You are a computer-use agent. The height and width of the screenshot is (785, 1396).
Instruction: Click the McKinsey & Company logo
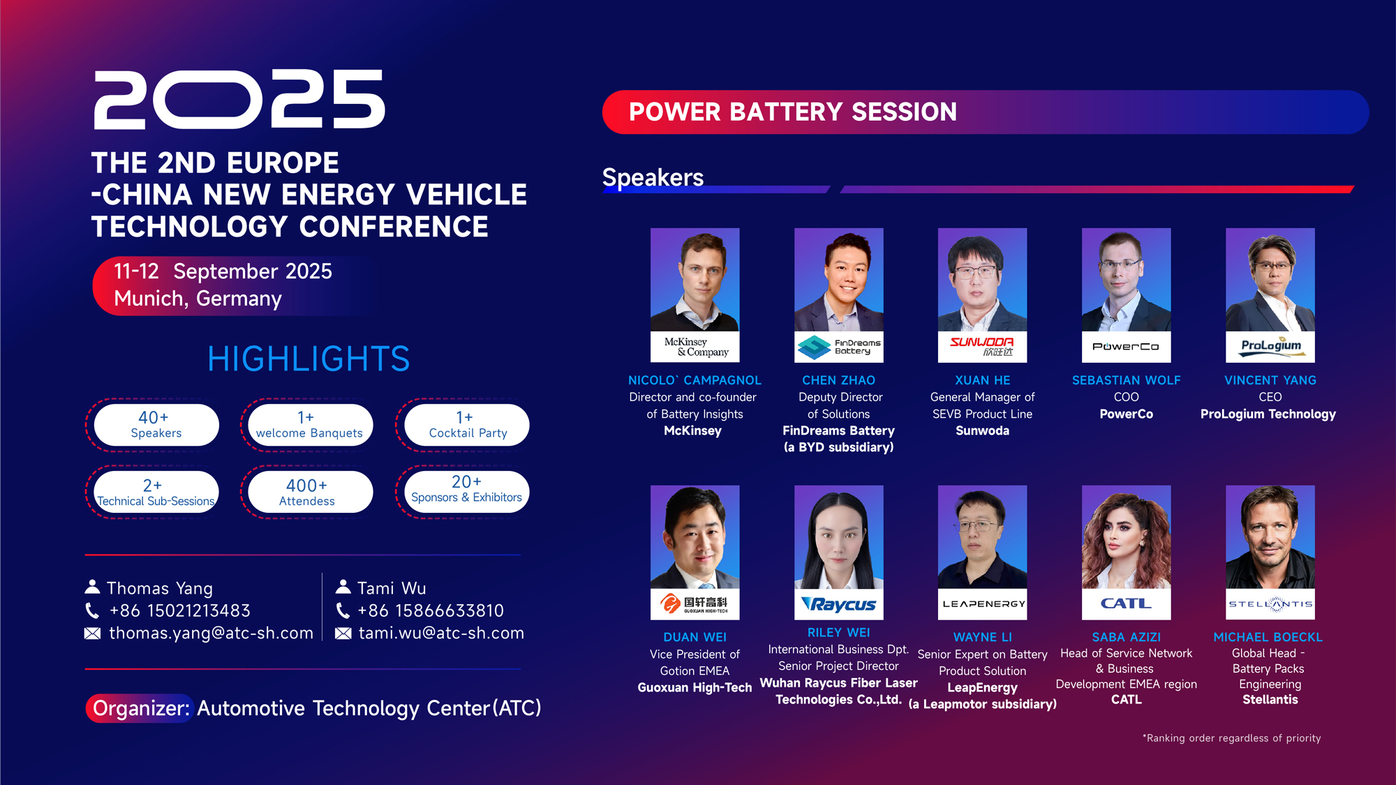(695, 347)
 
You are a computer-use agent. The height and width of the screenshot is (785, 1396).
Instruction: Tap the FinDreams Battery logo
(839, 347)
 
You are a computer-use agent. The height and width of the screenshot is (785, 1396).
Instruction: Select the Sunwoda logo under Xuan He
(983, 347)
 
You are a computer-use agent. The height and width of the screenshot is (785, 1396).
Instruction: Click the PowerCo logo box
(1127, 347)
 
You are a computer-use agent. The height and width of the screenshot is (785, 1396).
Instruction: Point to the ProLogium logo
(1270, 347)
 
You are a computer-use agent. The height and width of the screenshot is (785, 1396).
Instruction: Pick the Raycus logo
(839, 604)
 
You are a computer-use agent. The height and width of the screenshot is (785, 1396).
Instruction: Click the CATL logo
(1127, 604)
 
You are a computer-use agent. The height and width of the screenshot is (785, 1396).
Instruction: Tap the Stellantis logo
(1270, 604)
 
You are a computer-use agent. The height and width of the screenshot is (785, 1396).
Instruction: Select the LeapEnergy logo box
(983, 604)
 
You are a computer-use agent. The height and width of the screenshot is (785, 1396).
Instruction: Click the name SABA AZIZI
(1127, 637)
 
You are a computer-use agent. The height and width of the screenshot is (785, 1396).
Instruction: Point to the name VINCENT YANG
(1270, 380)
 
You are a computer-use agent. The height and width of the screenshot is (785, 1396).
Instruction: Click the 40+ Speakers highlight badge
(156, 425)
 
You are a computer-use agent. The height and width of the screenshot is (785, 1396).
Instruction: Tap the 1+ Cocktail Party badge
(467, 425)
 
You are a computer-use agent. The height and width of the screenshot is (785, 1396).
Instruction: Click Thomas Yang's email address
(211, 634)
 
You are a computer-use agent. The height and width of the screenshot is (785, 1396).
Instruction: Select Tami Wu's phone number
(430, 611)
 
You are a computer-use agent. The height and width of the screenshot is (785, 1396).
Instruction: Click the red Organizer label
(140, 708)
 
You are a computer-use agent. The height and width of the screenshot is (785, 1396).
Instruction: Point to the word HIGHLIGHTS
(309, 359)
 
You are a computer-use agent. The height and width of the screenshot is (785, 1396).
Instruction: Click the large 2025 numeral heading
(239, 99)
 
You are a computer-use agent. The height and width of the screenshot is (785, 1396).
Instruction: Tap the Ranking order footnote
(1232, 738)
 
